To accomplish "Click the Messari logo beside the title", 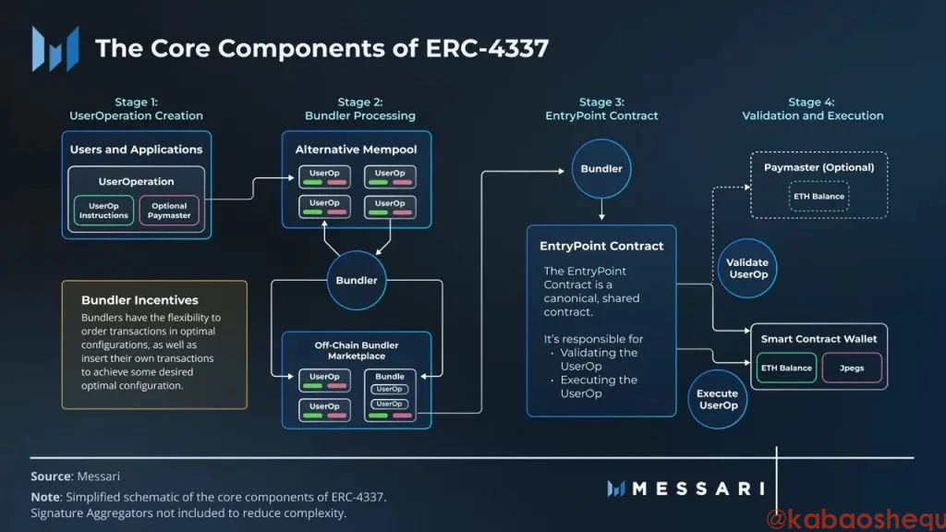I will [x=55, y=48].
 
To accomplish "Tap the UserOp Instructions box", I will [x=103, y=211].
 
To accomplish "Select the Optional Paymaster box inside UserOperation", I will [x=169, y=211].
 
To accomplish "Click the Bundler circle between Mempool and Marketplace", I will [x=357, y=280].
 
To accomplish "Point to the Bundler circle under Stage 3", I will [x=601, y=169].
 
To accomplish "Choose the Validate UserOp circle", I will [x=748, y=269].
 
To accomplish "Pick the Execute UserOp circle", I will [x=718, y=399].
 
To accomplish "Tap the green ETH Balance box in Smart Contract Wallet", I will [x=786, y=368].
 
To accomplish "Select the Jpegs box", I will [x=852, y=368].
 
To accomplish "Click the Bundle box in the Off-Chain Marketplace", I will [x=390, y=396].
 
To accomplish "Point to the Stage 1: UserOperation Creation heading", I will [x=136, y=109].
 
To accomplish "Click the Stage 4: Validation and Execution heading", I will [x=812, y=109].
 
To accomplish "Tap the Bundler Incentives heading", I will [x=139, y=300].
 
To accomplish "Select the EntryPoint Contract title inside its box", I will [x=601, y=246].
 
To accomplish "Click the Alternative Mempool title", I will [x=356, y=150].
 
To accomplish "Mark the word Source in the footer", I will [x=50, y=477].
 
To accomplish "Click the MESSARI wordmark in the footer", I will [x=698, y=489].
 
